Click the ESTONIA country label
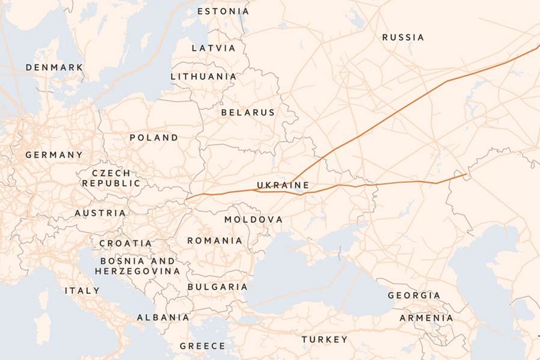222,11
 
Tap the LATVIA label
213,48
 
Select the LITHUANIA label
203,76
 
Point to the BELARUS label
247,112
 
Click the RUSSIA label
402,37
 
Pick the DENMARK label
54,67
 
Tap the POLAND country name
153,138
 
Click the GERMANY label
54,155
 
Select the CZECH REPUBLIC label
111,178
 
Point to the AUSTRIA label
100,213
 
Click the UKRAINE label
283,185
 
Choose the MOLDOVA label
253,219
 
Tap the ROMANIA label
215,240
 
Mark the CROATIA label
125,243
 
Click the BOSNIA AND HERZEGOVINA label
137,266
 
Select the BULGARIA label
217,287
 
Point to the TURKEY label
324,340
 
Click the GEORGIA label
414,296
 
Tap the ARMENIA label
426,318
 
